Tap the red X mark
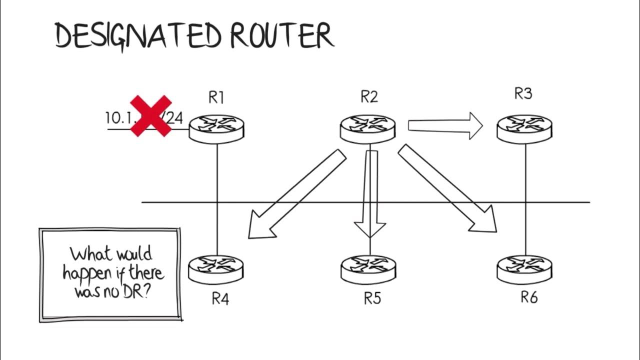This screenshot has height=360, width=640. (x=150, y=116)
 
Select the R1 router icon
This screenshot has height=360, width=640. (x=216, y=128)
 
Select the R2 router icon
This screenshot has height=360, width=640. (x=368, y=128)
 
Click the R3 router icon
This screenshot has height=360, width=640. (x=524, y=128)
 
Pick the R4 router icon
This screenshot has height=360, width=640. (x=216, y=268)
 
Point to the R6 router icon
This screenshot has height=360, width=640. (x=524, y=269)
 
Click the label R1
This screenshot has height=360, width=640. (x=216, y=97)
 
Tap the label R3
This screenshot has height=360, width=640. (x=523, y=93)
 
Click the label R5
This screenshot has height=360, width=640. (x=372, y=298)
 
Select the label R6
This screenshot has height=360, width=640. (x=529, y=297)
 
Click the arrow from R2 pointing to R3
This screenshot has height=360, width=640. (x=445, y=125)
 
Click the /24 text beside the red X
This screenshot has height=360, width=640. (x=173, y=118)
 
